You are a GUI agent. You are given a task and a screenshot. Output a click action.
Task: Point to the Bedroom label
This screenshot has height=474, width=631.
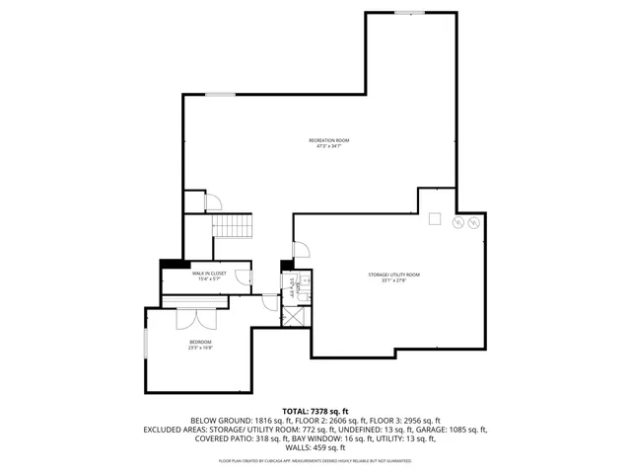(x=200, y=346)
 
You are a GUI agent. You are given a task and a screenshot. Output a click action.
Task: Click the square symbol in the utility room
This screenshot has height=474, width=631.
(x=434, y=219)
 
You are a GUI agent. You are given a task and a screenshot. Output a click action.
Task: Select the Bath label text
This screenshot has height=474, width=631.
(x=293, y=285)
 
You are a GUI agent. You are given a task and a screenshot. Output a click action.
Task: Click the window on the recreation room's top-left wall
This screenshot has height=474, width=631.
(x=220, y=95)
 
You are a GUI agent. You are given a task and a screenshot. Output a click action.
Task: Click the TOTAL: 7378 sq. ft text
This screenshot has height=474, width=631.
(x=315, y=411)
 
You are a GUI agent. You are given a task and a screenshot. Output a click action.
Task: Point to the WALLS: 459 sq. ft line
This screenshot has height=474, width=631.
(x=315, y=448)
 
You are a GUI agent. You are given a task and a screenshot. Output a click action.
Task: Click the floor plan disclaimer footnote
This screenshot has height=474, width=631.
(x=315, y=460)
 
